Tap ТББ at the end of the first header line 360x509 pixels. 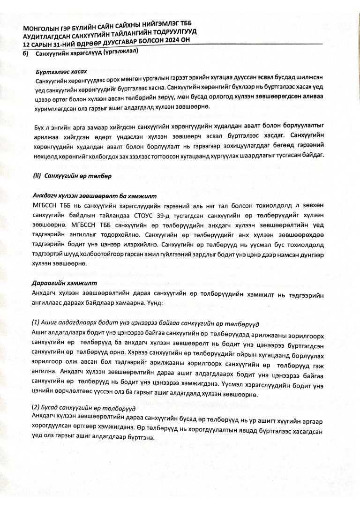point(185,24)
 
